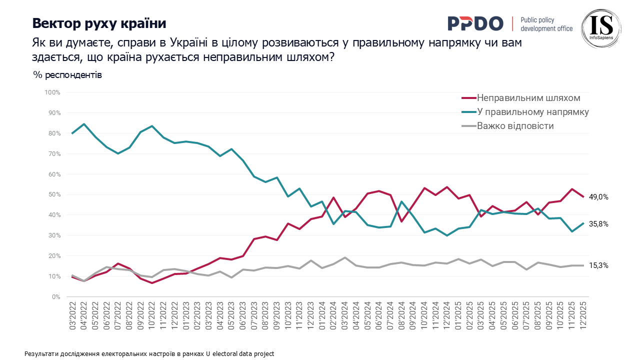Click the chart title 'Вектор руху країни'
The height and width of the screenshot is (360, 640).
[x=99, y=23]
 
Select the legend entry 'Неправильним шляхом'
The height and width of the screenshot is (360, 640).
[x=528, y=97]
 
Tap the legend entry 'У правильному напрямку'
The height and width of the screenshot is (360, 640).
[x=532, y=112]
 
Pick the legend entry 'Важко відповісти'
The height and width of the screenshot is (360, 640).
[x=515, y=126]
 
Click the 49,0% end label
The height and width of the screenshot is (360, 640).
[x=598, y=197]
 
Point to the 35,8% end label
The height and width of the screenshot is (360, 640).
[x=598, y=224]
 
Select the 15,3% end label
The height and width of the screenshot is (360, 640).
[x=598, y=266]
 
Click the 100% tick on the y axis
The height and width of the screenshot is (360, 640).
[x=52, y=92]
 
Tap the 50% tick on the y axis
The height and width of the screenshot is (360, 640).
[x=54, y=194]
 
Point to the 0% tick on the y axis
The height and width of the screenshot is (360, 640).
[x=56, y=297]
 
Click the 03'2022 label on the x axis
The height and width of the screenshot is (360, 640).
[x=73, y=313]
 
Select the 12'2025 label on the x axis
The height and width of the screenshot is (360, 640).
[x=582, y=313]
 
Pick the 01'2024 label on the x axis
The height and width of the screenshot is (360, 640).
[x=322, y=313]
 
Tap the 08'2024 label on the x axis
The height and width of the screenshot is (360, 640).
[x=401, y=313]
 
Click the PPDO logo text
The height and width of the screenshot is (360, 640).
[x=475, y=23]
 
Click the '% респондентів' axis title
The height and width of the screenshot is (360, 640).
[x=67, y=75]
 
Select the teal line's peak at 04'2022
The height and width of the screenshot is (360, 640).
[x=84, y=124]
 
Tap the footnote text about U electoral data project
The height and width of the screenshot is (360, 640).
[x=149, y=353]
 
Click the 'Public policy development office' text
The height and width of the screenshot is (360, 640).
[x=546, y=24]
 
